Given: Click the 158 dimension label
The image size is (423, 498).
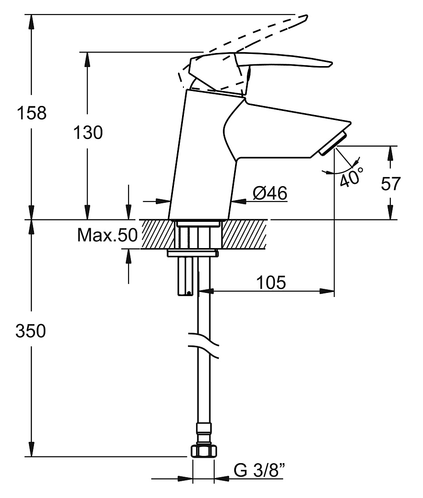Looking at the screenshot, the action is (x=31, y=113).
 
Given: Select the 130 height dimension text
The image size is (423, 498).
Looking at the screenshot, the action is (x=88, y=133).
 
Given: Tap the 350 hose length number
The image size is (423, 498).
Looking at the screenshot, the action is (x=31, y=331).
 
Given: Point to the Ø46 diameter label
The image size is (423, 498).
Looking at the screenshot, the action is (x=270, y=193).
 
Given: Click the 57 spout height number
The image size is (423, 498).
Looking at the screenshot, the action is (x=391, y=183).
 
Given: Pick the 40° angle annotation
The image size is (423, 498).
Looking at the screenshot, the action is (x=351, y=177).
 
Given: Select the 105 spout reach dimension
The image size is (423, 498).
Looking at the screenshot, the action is (x=271, y=283).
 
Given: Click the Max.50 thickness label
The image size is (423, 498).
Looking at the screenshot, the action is (x=107, y=235).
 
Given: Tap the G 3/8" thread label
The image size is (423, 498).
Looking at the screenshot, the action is (x=260, y=470).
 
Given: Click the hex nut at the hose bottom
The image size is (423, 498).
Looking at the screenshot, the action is (x=204, y=451).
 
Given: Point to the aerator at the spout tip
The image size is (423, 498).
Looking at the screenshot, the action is (x=333, y=144).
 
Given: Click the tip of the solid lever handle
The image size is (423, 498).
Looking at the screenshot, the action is (x=331, y=64).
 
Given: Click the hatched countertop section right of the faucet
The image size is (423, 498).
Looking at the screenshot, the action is (x=244, y=234).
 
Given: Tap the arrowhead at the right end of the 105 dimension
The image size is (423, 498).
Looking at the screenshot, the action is (x=327, y=291).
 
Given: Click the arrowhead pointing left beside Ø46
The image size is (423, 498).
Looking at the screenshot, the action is (x=239, y=201).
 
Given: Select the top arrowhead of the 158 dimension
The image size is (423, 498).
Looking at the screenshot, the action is (x=31, y=22).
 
